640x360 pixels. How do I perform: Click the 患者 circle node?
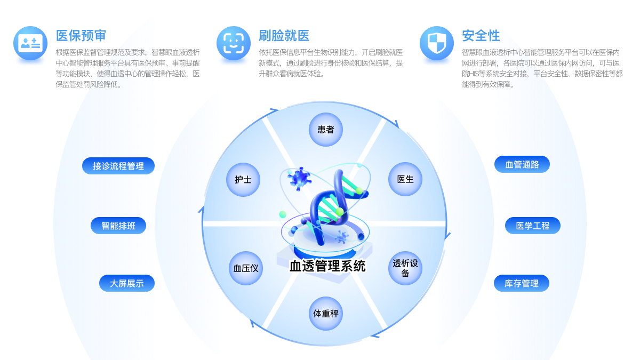click(325, 130)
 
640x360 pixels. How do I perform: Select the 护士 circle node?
click(243, 180)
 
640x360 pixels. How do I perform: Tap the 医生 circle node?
click(405, 180)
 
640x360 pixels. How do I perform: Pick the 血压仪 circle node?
click(246, 268)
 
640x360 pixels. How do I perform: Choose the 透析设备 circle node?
click(405, 268)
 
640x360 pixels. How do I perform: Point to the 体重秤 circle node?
click(325, 314)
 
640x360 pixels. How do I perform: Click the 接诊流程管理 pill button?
click(118, 166)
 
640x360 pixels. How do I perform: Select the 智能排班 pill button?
click(118, 226)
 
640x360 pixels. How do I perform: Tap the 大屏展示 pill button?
click(127, 283)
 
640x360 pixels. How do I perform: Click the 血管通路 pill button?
click(522, 164)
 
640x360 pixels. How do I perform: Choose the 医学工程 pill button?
click(533, 226)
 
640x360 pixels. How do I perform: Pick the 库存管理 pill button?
click(522, 283)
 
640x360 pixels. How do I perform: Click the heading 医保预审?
click(81, 36)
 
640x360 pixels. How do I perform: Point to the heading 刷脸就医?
click(284, 36)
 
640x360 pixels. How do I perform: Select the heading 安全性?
click(481, 36)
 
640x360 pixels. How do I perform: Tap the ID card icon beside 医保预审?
click(30, 43)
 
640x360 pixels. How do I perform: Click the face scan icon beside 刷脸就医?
click(234, 43)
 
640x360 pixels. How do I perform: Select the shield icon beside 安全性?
click(436, 43)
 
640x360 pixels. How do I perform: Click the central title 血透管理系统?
click(327, 266)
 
